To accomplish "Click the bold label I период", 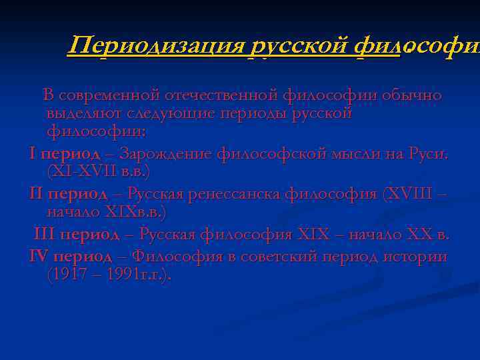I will coord(65,154).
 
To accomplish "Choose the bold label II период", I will coord(68,194).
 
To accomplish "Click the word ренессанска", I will coord(237,194).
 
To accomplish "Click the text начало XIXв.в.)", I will coord(107,212).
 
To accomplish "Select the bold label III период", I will coord(77,235).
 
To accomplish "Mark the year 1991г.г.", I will coord(130,274).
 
